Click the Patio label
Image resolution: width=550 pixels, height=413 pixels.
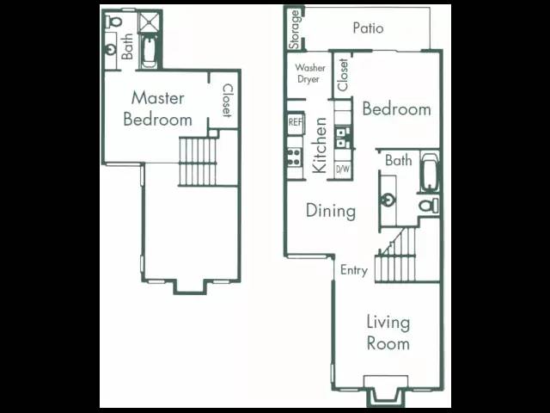[368, 28]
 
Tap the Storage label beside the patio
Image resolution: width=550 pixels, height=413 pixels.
[295, 29]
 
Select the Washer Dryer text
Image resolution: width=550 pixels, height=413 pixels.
[309, 73]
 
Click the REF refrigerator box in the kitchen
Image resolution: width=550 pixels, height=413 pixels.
[296, 123]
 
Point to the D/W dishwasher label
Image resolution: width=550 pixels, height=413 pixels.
[343, 170]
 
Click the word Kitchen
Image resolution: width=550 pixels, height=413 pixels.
[320, 145]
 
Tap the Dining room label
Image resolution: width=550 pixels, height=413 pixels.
[331, 211]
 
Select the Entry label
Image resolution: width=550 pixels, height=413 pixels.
[354, 270]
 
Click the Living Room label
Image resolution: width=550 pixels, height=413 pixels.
[388, 333]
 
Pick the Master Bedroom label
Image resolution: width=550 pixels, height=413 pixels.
[157, 108]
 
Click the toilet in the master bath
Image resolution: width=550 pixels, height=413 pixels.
[114, 22]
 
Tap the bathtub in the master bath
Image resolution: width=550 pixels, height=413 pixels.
[149, 52]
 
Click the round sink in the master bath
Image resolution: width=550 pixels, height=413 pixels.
[111, 50]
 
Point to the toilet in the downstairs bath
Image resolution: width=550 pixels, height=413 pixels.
[429, 206]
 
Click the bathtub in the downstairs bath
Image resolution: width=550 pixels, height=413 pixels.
[429, 172]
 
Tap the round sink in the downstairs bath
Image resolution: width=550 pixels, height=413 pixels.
[388, 200]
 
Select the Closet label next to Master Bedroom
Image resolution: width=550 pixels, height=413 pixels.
[227, 100]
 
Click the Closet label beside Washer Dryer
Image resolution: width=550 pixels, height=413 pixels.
[343, 75]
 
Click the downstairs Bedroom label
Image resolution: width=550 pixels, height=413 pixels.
[396, 109]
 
